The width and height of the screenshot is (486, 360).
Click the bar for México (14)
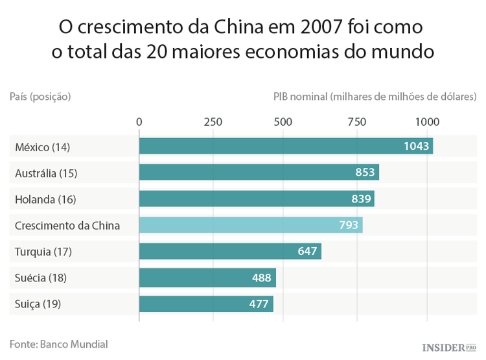(x=285, y=147)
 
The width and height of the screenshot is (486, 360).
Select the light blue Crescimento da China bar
(x=250, y=225)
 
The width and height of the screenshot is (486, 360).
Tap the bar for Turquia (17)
(x=230, y=251)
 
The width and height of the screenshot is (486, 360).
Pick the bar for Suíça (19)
(x=206, y=304)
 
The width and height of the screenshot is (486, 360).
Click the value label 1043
(x=416, y=147)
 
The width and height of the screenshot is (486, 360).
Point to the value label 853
(x=365, y=173)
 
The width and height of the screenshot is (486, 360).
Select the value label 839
(x=361, y=199)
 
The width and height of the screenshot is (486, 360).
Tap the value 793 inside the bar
(x=349, y=225)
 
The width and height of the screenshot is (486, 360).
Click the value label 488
(x=261, y=278)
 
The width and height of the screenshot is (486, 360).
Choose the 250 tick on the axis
(x=213, y=122)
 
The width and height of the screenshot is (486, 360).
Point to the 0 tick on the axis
(x=139, y=122)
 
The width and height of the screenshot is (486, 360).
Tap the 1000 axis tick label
(x=427, y=122)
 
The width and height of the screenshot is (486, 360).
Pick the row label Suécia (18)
(x=41, y=278)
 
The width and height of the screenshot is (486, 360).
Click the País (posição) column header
(x=40, y=97)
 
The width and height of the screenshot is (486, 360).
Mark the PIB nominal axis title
(x=375, y=97)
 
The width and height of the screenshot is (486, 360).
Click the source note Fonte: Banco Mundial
(x=58, y=344)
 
